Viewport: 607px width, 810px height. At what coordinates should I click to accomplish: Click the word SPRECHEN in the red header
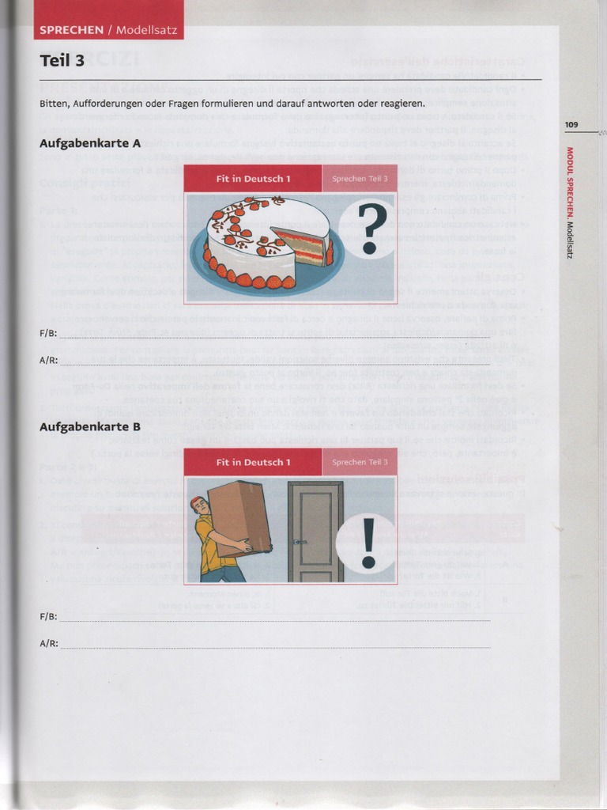(71, 30)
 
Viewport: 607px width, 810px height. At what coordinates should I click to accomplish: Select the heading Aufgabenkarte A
(90, 143)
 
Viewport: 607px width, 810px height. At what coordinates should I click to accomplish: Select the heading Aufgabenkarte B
(90, 426)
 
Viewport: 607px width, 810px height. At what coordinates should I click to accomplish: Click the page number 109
(571, 124)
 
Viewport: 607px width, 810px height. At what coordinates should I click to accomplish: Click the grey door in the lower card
(315, 530)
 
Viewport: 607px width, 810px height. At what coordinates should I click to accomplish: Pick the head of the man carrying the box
(198, 505)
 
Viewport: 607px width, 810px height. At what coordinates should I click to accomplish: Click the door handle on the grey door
(296, 543)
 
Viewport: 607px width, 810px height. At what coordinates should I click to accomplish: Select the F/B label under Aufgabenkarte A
(48, 333)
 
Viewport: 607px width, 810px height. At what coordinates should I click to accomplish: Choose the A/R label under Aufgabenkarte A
(48, 360)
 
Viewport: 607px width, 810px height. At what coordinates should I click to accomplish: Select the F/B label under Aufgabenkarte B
(48, 615)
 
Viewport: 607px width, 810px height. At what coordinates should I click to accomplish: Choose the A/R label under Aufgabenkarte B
(48, 643)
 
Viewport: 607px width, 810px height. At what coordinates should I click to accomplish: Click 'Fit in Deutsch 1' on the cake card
(253, 179)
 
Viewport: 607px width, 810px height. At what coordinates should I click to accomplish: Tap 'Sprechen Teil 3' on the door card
(360, 462)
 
